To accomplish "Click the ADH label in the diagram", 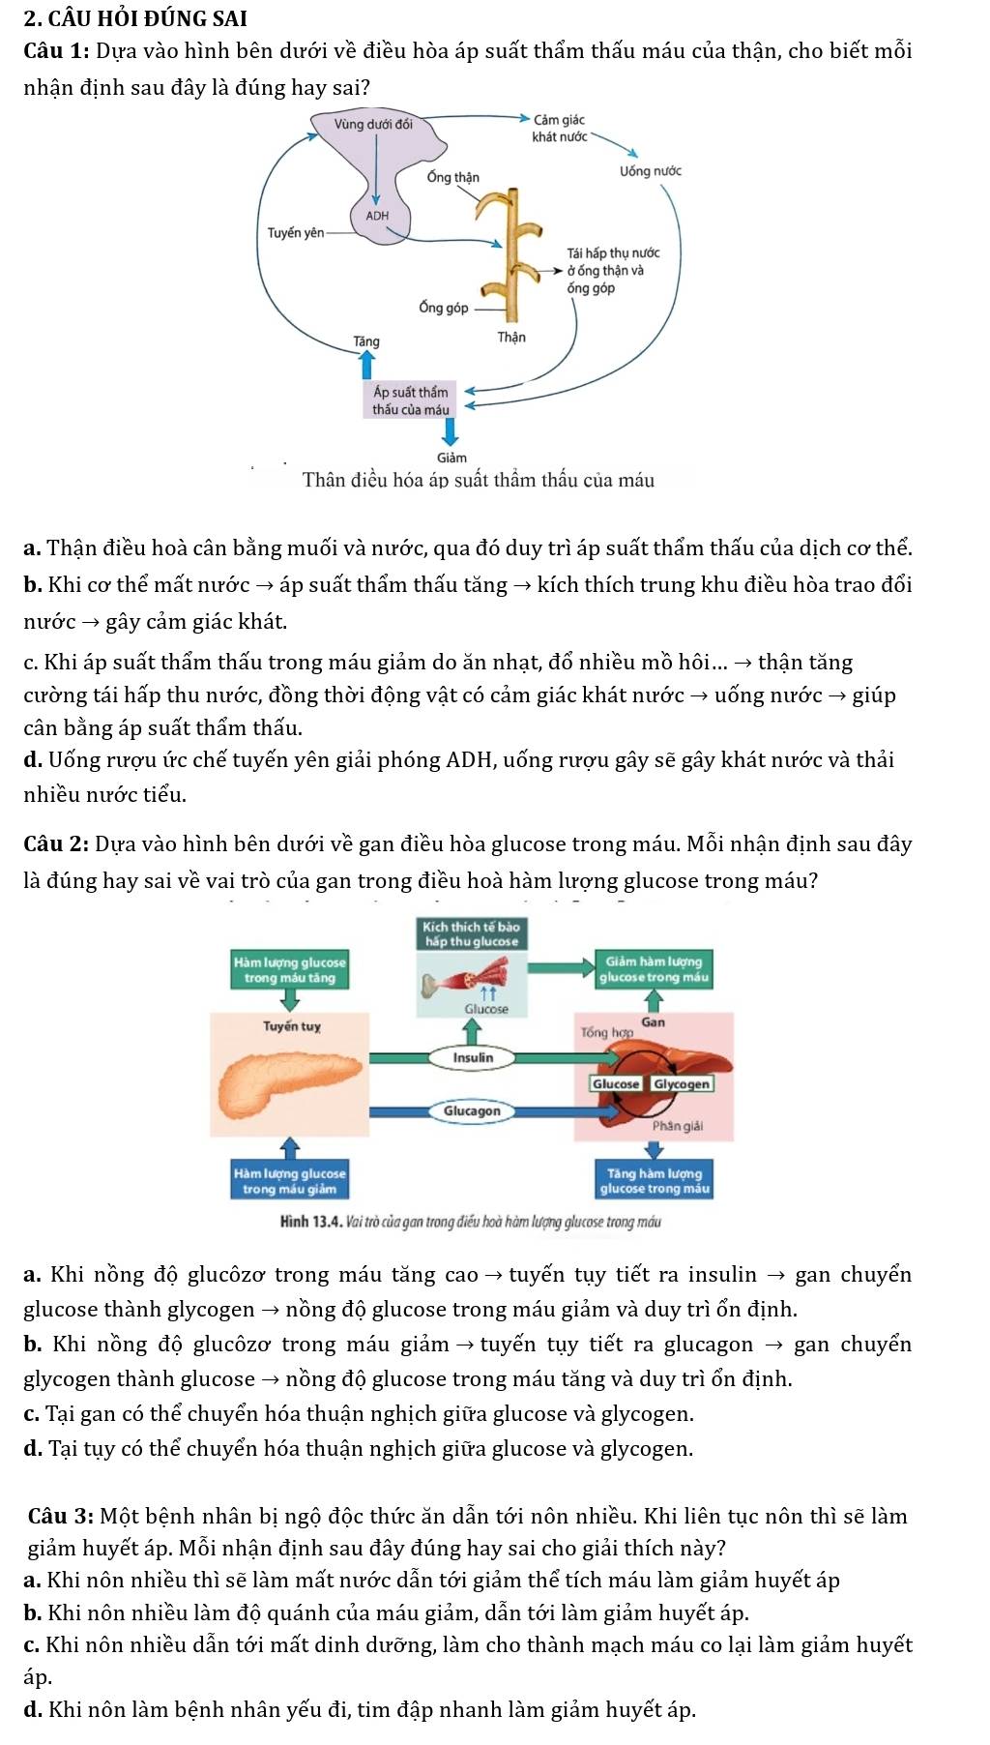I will point(377,216).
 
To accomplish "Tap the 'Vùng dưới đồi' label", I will point(373,124).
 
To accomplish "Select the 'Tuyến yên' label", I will point(295,233).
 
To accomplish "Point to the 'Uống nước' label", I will point(650,171).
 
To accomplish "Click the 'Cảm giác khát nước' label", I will point(559,128).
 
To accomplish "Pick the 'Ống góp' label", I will point(444,308).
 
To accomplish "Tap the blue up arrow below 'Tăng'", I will point(366,365).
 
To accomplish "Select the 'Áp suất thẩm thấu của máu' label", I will point(411,400).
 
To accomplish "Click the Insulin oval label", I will point(473,1058).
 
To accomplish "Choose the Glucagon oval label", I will point(472,1111).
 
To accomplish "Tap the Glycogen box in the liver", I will point(682,1084).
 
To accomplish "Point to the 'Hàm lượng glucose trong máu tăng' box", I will point(289,970).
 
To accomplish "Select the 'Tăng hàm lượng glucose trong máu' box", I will point(655,1181).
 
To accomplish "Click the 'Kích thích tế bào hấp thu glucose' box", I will point(472,933).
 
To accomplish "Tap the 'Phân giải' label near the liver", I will point(677,1126).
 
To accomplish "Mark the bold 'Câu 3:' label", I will point(60,1516).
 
